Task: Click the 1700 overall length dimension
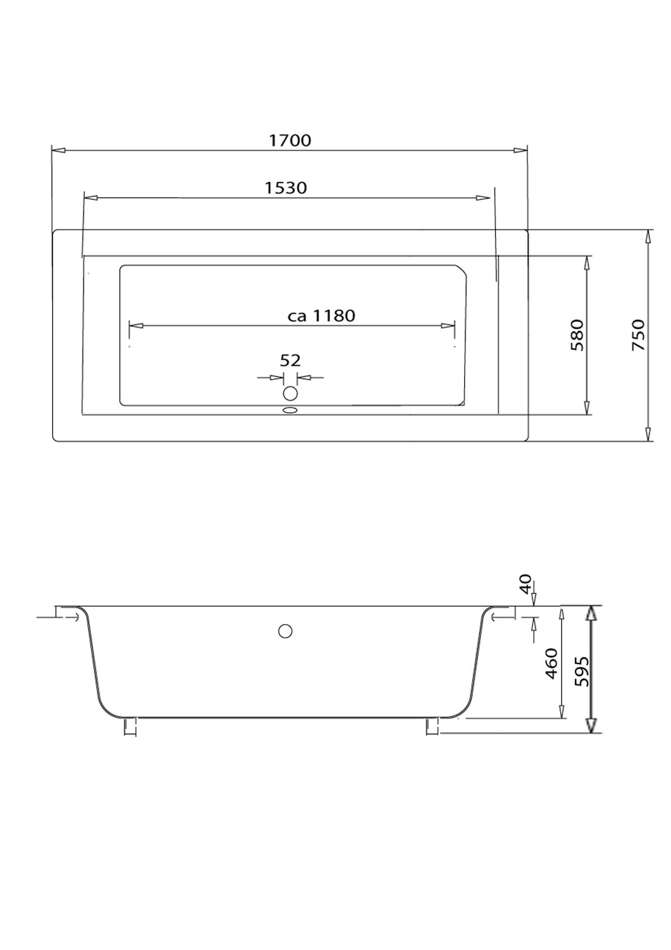pos(290,140)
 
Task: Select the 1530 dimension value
pos(286,188)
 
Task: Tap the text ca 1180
pos(321,316)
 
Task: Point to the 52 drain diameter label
pos(290,361)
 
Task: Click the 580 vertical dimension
pos(577,335)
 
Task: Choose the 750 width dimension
pos(638,335)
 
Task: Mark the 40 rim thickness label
pos(524,584)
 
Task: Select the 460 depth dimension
pos(551,663)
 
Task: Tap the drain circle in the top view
pos(290,393)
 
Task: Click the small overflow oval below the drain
pos(290,410)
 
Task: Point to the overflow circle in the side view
pos(285,631)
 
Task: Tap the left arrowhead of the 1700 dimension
pos(58,150)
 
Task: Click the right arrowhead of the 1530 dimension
pos(483,198)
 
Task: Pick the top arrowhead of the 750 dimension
pos(648,236)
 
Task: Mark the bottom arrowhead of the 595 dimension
pos(591,726)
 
